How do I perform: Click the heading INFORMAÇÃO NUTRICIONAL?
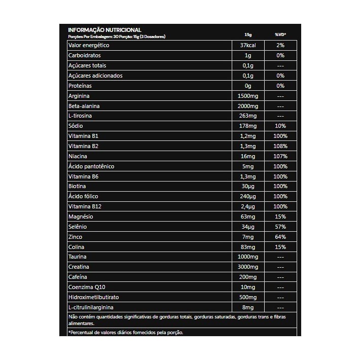pyautogui.click(x=104, y=30)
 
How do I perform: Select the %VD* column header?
pyautogui.click(x=280, y=35)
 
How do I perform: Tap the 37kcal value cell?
pyautogui.click(x=248, y=45)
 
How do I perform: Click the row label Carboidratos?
pyautogui.click(x=85, y=55)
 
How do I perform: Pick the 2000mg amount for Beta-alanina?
pyautogui.click(x=248, y=106)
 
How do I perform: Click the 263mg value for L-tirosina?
pyautogui.click(x=248, y=116)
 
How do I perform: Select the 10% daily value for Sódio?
pyautogui.click(x=280, y=126)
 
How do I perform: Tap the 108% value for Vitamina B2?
pyautogui.click(x=280, y=146)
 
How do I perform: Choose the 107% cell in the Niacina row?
pyautogui.click(x=280, y=156)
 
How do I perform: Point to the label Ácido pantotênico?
pyautogui.click(x=91, y=166)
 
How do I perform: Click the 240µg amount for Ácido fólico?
pyautogui.click(x=248, y=196)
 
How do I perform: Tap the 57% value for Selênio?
pyautogui.click(x=280, y=227)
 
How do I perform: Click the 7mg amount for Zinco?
pyautogui.click(x=248, y=237)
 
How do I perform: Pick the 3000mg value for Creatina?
pyautogui.click(x=248, y=267)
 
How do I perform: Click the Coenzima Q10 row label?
pyautogui.click(x=87, y=287)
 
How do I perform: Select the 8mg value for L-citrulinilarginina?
pyautogui.click(x=248, y=307)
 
